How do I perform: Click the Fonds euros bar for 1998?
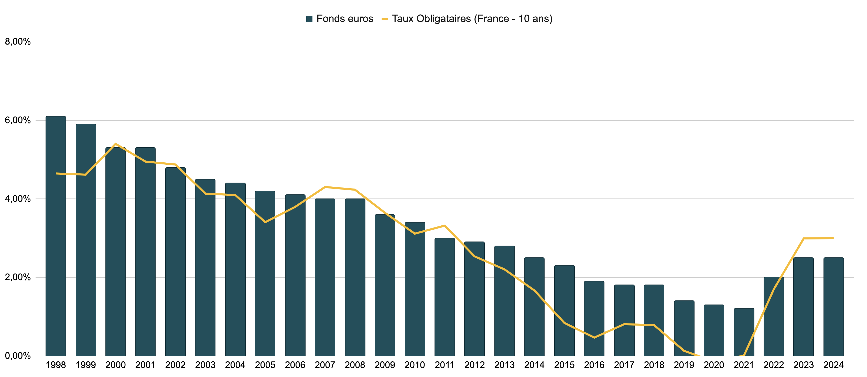tap(56, 236)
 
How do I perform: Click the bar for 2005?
tap(265, 273)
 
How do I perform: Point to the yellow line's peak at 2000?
tap(115, 144)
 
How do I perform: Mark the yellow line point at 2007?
tap(325, 187)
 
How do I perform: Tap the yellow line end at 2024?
tap(833, 238)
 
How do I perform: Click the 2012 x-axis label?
tap(474, 365)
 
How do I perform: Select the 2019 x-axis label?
tap(684, 365)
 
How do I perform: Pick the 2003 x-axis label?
tap(205, 365)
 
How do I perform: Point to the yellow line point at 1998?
tap(56, 173)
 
